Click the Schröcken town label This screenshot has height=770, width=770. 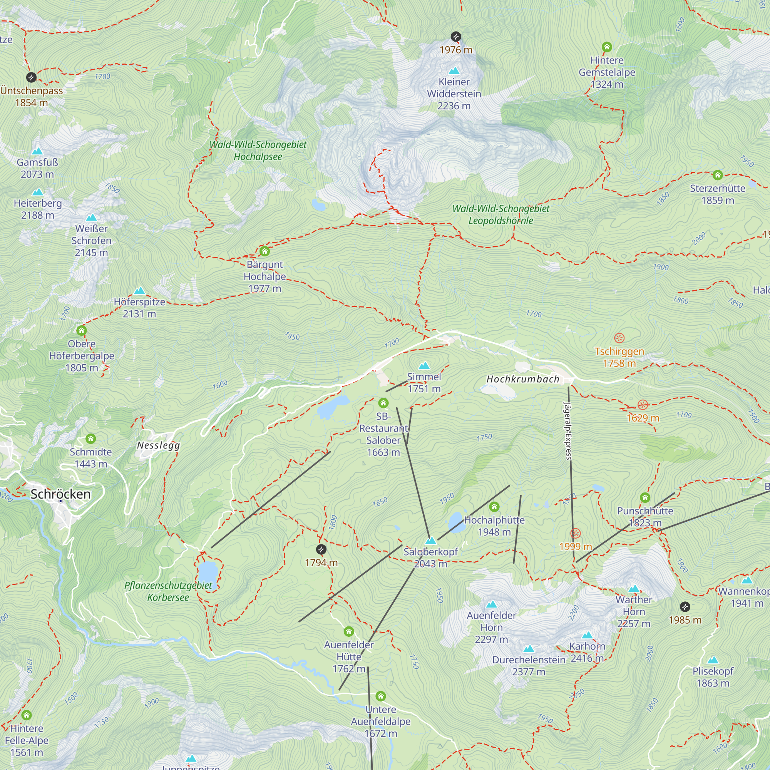click(60, 494)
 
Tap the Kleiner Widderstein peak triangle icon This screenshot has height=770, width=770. click(454, 71)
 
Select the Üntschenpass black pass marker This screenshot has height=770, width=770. click(31, 77)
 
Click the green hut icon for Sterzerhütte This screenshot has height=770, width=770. click(717, 175)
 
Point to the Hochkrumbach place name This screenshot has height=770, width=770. click(523, 379)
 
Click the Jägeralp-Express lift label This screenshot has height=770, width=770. click(567, 430)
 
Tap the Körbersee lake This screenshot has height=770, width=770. click(208, 573)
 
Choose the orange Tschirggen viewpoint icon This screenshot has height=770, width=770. click(619, 338)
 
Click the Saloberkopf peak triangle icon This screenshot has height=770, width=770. click(430, 541)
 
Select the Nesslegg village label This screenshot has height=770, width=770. click(158, 445)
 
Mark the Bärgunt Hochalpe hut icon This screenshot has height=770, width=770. click(264, 251)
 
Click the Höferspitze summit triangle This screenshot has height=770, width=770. click(139, 291)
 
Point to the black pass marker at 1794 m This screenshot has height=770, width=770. click(321, 550)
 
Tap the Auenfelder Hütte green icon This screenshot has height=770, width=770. click(349, 631)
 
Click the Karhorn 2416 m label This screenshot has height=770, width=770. click(587, 652)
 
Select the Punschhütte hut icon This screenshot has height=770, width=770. click(645, 497)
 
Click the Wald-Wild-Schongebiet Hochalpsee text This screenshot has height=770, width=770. click(258, 150)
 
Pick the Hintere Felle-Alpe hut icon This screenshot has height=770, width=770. click(27, 715)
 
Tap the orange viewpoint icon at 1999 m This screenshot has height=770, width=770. click(575, 533)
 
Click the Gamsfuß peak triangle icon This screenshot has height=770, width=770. click(37, 151)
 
